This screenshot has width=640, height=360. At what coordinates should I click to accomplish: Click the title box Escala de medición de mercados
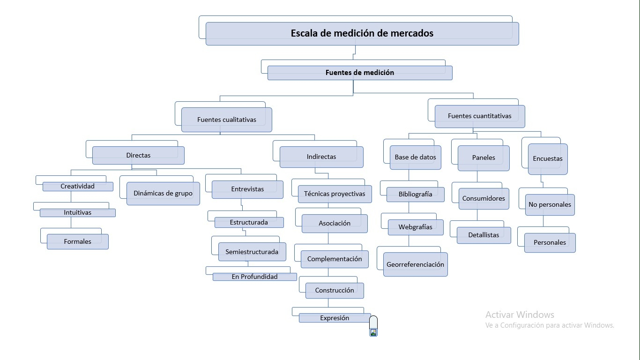pyautogui.click(x=362, y=33)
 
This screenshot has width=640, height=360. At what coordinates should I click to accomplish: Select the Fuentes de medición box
pyautogui.click(x=360, y=73)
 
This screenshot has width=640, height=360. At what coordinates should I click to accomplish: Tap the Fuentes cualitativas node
pyautogui.click(x=227, y=120)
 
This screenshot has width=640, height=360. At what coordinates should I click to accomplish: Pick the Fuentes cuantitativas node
pyautogui.click(x=480, y=116)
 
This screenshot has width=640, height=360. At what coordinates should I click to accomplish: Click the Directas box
pyautogui.click(x=138, y=155)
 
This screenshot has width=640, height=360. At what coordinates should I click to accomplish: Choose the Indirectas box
pyautogui.click(x=321, y=157)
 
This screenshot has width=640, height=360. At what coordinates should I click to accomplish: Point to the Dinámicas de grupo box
pyautogui.click(x=163, y=193)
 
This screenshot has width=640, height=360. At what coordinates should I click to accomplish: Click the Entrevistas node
pyautogui.click(x=247, y=189)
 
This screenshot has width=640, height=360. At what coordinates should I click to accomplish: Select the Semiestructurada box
pyautogui.click(x=252, y=252)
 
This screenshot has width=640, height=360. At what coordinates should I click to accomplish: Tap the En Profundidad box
pyautogui.click(x=254, y=277)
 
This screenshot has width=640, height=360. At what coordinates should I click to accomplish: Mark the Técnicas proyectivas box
pyautogui.click(x=335, y=194)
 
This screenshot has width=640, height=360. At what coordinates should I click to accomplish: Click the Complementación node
pyautogui.click(x=335, y=259)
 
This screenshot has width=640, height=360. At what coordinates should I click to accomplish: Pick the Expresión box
pyautogui.click(x=335, y=318)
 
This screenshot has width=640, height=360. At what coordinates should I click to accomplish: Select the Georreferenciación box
pyautogui.click(x=415, y=264)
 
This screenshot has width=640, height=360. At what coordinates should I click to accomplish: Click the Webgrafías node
pyautogui.click(x=416, y=227)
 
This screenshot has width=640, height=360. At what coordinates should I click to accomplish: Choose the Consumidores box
pyautogui.click(x=484, y=198)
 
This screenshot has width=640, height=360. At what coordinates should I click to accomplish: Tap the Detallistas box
pyautogui.click(x=484, y=235)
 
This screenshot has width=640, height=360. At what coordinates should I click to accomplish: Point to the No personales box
pyautogui.click(x=550, y=205)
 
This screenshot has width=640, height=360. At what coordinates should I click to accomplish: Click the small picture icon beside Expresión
pyautogui.click(x=373, y=332)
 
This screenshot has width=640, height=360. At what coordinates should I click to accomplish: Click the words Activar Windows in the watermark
pyautogui.click(x=520, y=315)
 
